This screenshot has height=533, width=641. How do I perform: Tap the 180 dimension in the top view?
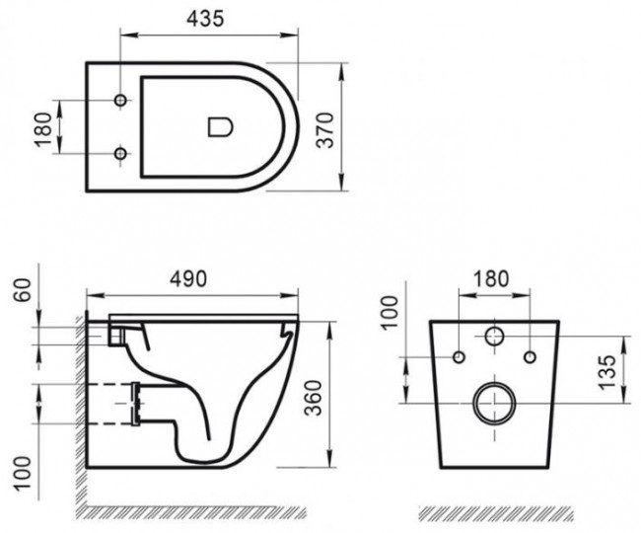tap(42, 127)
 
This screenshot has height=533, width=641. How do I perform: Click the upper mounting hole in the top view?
tap(122, 102)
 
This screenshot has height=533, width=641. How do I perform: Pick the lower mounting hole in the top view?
tap(122, 153)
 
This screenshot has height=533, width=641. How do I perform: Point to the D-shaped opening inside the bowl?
tap(220, 127)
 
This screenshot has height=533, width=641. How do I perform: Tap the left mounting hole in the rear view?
tap(459, 355)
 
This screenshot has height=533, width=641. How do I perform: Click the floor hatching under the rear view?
tap(493, 515)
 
